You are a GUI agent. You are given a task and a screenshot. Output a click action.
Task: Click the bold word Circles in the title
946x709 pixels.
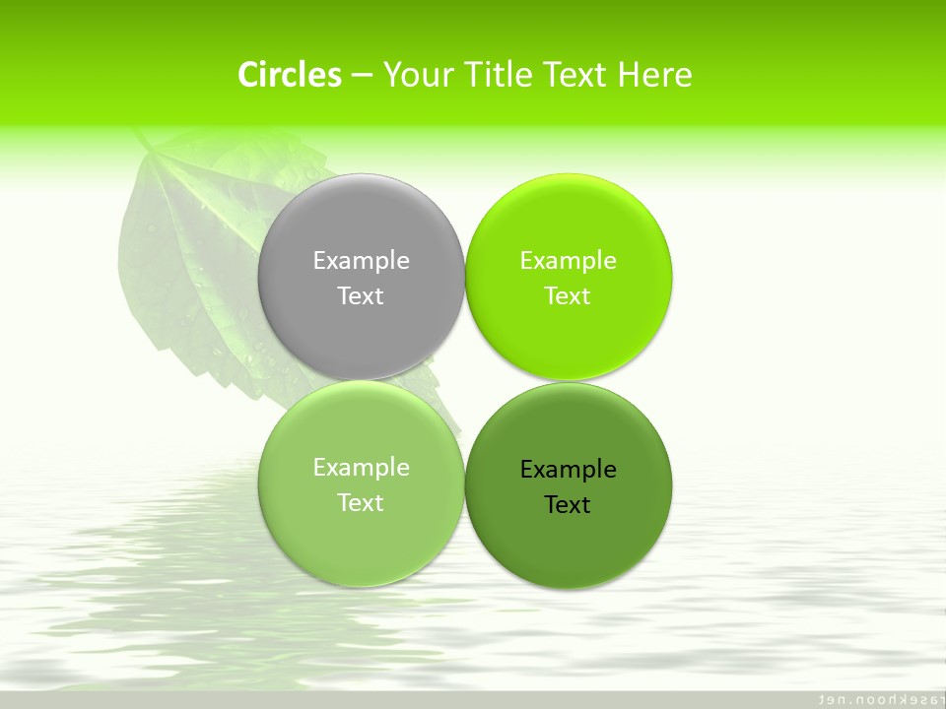290,75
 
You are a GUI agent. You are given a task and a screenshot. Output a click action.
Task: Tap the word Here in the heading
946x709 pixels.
655,75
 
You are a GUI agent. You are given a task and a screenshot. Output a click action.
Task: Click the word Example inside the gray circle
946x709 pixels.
361,261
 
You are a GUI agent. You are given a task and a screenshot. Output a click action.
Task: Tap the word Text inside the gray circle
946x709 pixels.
361,296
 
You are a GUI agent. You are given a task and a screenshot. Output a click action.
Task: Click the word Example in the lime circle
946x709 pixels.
569,261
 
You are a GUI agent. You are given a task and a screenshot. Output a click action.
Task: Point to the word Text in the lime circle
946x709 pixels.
569,296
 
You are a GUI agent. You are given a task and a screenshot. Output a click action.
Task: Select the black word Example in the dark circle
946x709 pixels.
569,470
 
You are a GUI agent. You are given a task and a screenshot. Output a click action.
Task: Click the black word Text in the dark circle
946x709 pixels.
569,505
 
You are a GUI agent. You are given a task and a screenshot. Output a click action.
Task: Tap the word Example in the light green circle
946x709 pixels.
361,468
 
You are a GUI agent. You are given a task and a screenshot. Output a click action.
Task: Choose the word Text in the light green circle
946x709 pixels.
361,503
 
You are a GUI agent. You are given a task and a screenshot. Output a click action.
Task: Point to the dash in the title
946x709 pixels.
362,75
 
